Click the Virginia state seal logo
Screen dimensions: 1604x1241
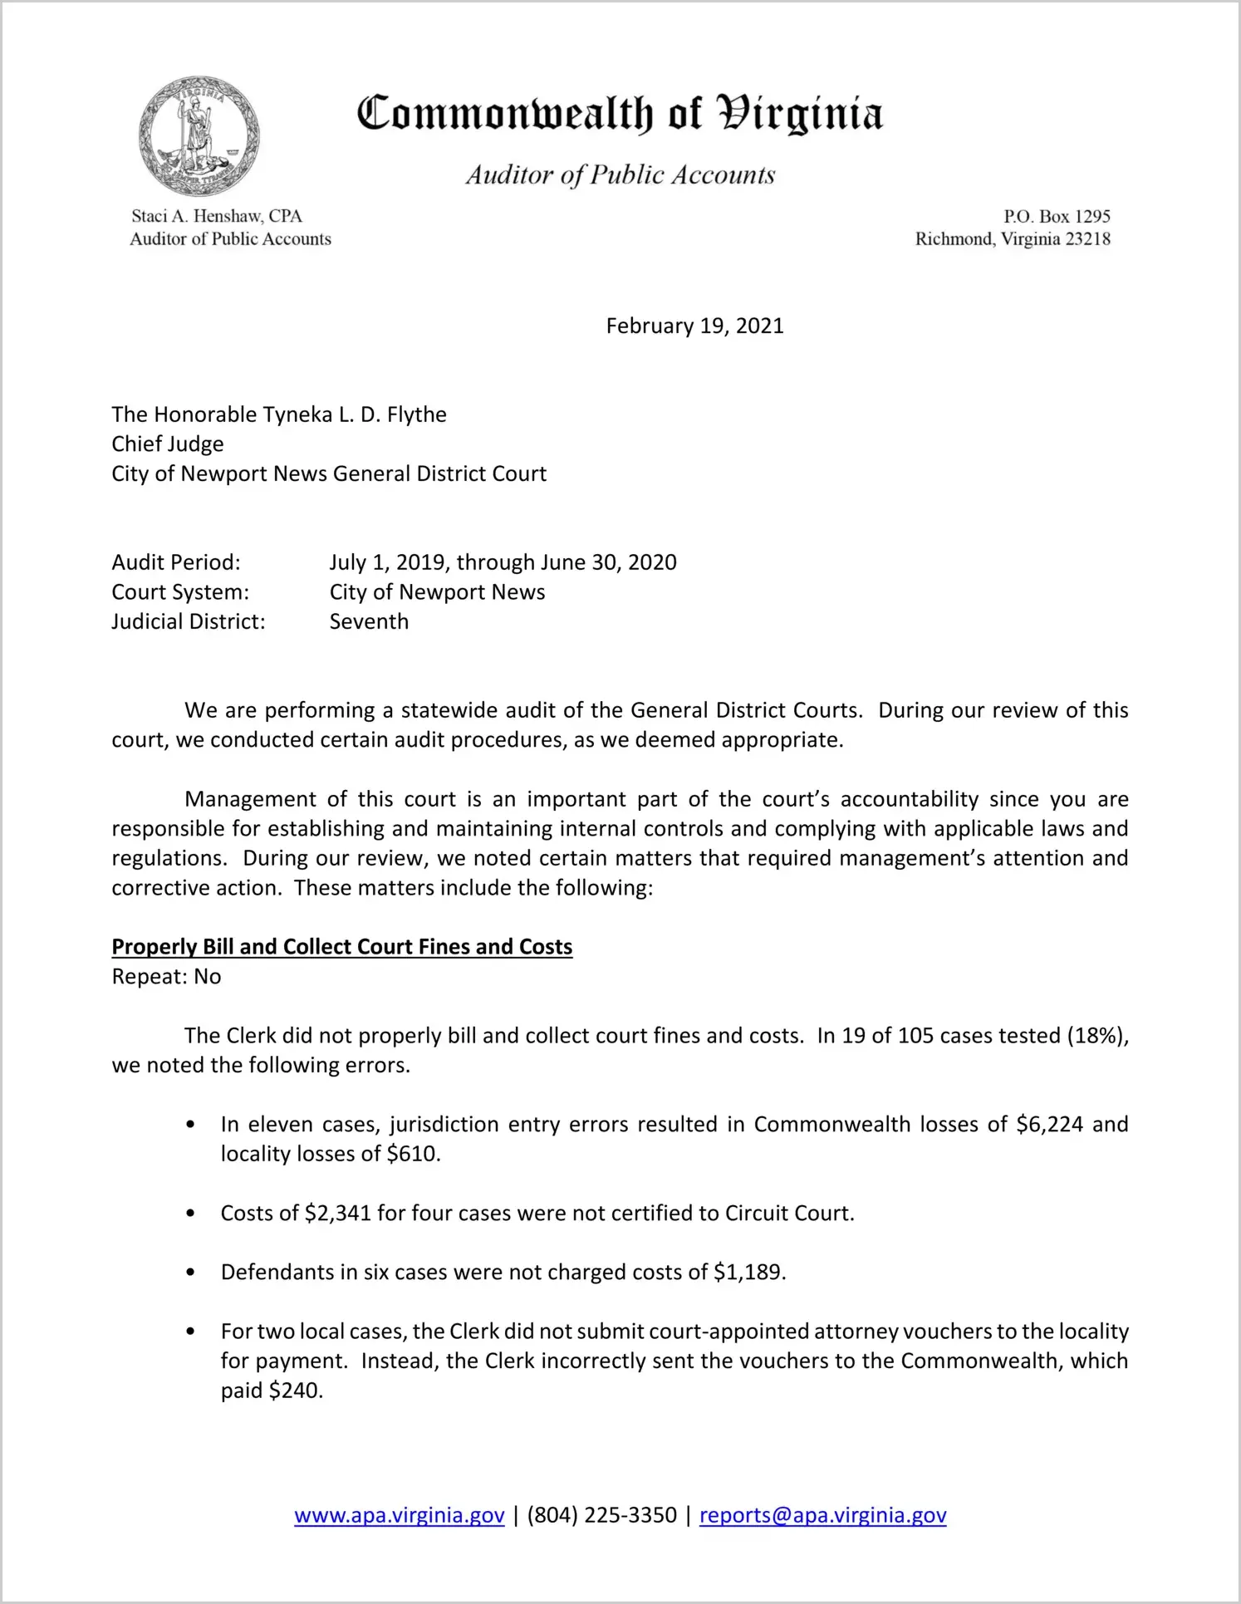199,137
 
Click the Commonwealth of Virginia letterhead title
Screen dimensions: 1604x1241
620,114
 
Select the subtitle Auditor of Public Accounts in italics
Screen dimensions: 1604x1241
620,175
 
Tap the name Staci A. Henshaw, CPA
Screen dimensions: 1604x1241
217,216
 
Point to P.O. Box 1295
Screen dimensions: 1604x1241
1057,217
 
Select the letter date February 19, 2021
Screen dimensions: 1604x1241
694,326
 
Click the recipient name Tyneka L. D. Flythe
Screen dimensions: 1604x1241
355,414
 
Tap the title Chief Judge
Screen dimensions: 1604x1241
168,444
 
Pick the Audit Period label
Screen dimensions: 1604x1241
176,562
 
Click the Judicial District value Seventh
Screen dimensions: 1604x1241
369,621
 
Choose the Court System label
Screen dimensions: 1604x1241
180,592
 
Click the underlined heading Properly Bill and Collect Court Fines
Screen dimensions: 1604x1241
342,947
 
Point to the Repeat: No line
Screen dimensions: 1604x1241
166,977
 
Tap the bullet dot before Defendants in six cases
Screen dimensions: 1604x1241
191,1273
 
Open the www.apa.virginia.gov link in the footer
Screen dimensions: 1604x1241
400,1515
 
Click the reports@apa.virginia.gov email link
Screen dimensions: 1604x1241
822,1515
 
